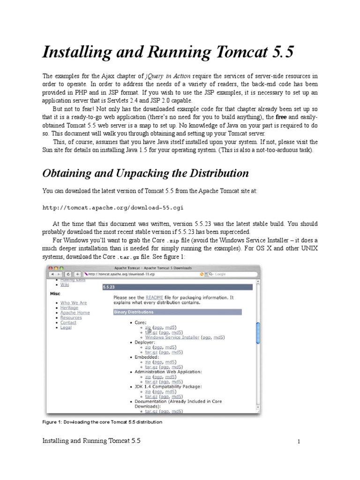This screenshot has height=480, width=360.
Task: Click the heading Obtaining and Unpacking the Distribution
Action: pyautogui.click(x=145, y=173)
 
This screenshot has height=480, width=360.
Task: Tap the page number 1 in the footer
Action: pyautogui.click(x=298, y=442)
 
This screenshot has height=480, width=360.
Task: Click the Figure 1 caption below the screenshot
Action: pyautogui.click(x=102, y=422)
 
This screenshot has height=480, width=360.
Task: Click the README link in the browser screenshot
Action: pyautogui.click(x=154, y=297)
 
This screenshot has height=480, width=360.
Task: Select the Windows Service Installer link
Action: pyautogui.click(x=172, y=337)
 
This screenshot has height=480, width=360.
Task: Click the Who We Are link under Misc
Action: pyautogui.click(x=73, y=303)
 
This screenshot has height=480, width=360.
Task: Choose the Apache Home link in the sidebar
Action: pyautogui.click(x=75, y=313)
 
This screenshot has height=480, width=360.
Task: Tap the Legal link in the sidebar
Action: pyautogui.click(x=66, y=327)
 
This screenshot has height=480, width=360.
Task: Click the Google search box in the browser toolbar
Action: pyautogui.click(x=230, y=274)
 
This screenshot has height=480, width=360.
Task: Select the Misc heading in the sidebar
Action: pyautogui.click(x=55, y=293)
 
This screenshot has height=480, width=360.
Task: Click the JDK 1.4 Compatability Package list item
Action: pyautogui.click(x=168, y=386)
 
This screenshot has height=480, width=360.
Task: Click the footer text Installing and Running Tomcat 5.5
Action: pyautogui.click(x=91, y=441)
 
